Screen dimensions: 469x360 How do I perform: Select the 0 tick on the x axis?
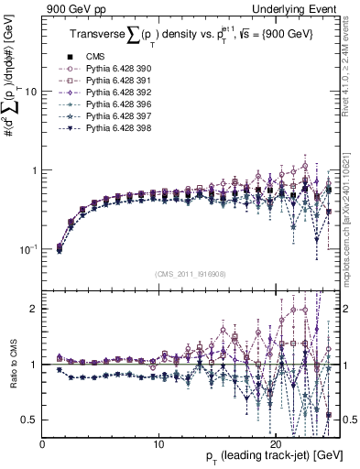coord(43,441)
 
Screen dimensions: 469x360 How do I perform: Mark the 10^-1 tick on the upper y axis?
coord(30,248)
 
